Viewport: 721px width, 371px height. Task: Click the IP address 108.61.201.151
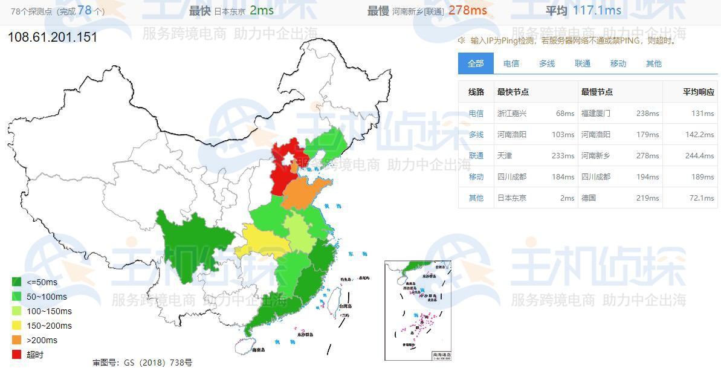coord(53,37)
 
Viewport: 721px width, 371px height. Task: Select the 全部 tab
coord(476,63)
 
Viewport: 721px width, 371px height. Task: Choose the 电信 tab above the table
coord(511,63)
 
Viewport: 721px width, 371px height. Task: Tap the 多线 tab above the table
coord(547,63)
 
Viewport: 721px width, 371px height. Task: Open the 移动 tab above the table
coord(618,63)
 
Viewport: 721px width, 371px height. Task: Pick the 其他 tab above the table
coord(654,63)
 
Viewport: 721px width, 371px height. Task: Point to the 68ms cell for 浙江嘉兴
coord(565,113)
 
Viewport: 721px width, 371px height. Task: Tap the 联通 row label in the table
coord(476,155)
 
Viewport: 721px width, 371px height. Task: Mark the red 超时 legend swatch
coord(16,355)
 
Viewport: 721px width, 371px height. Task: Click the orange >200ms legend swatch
coord(16,340)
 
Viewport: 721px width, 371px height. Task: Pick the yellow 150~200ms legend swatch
coord(16,326)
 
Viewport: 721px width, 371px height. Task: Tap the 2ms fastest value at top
coord(261,11)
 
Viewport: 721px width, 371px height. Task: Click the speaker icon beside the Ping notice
coord(462,40)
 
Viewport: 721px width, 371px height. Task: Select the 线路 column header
coord(476,92)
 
